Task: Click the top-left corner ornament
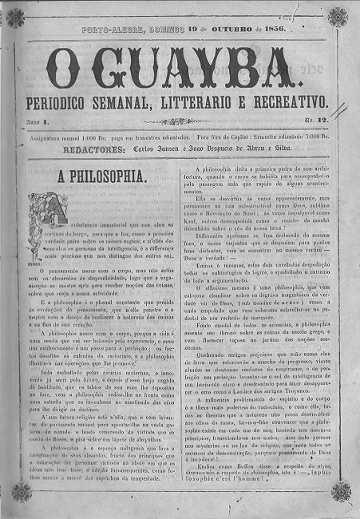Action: coord(20,18)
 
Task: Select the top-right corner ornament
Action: coord(338,18)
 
